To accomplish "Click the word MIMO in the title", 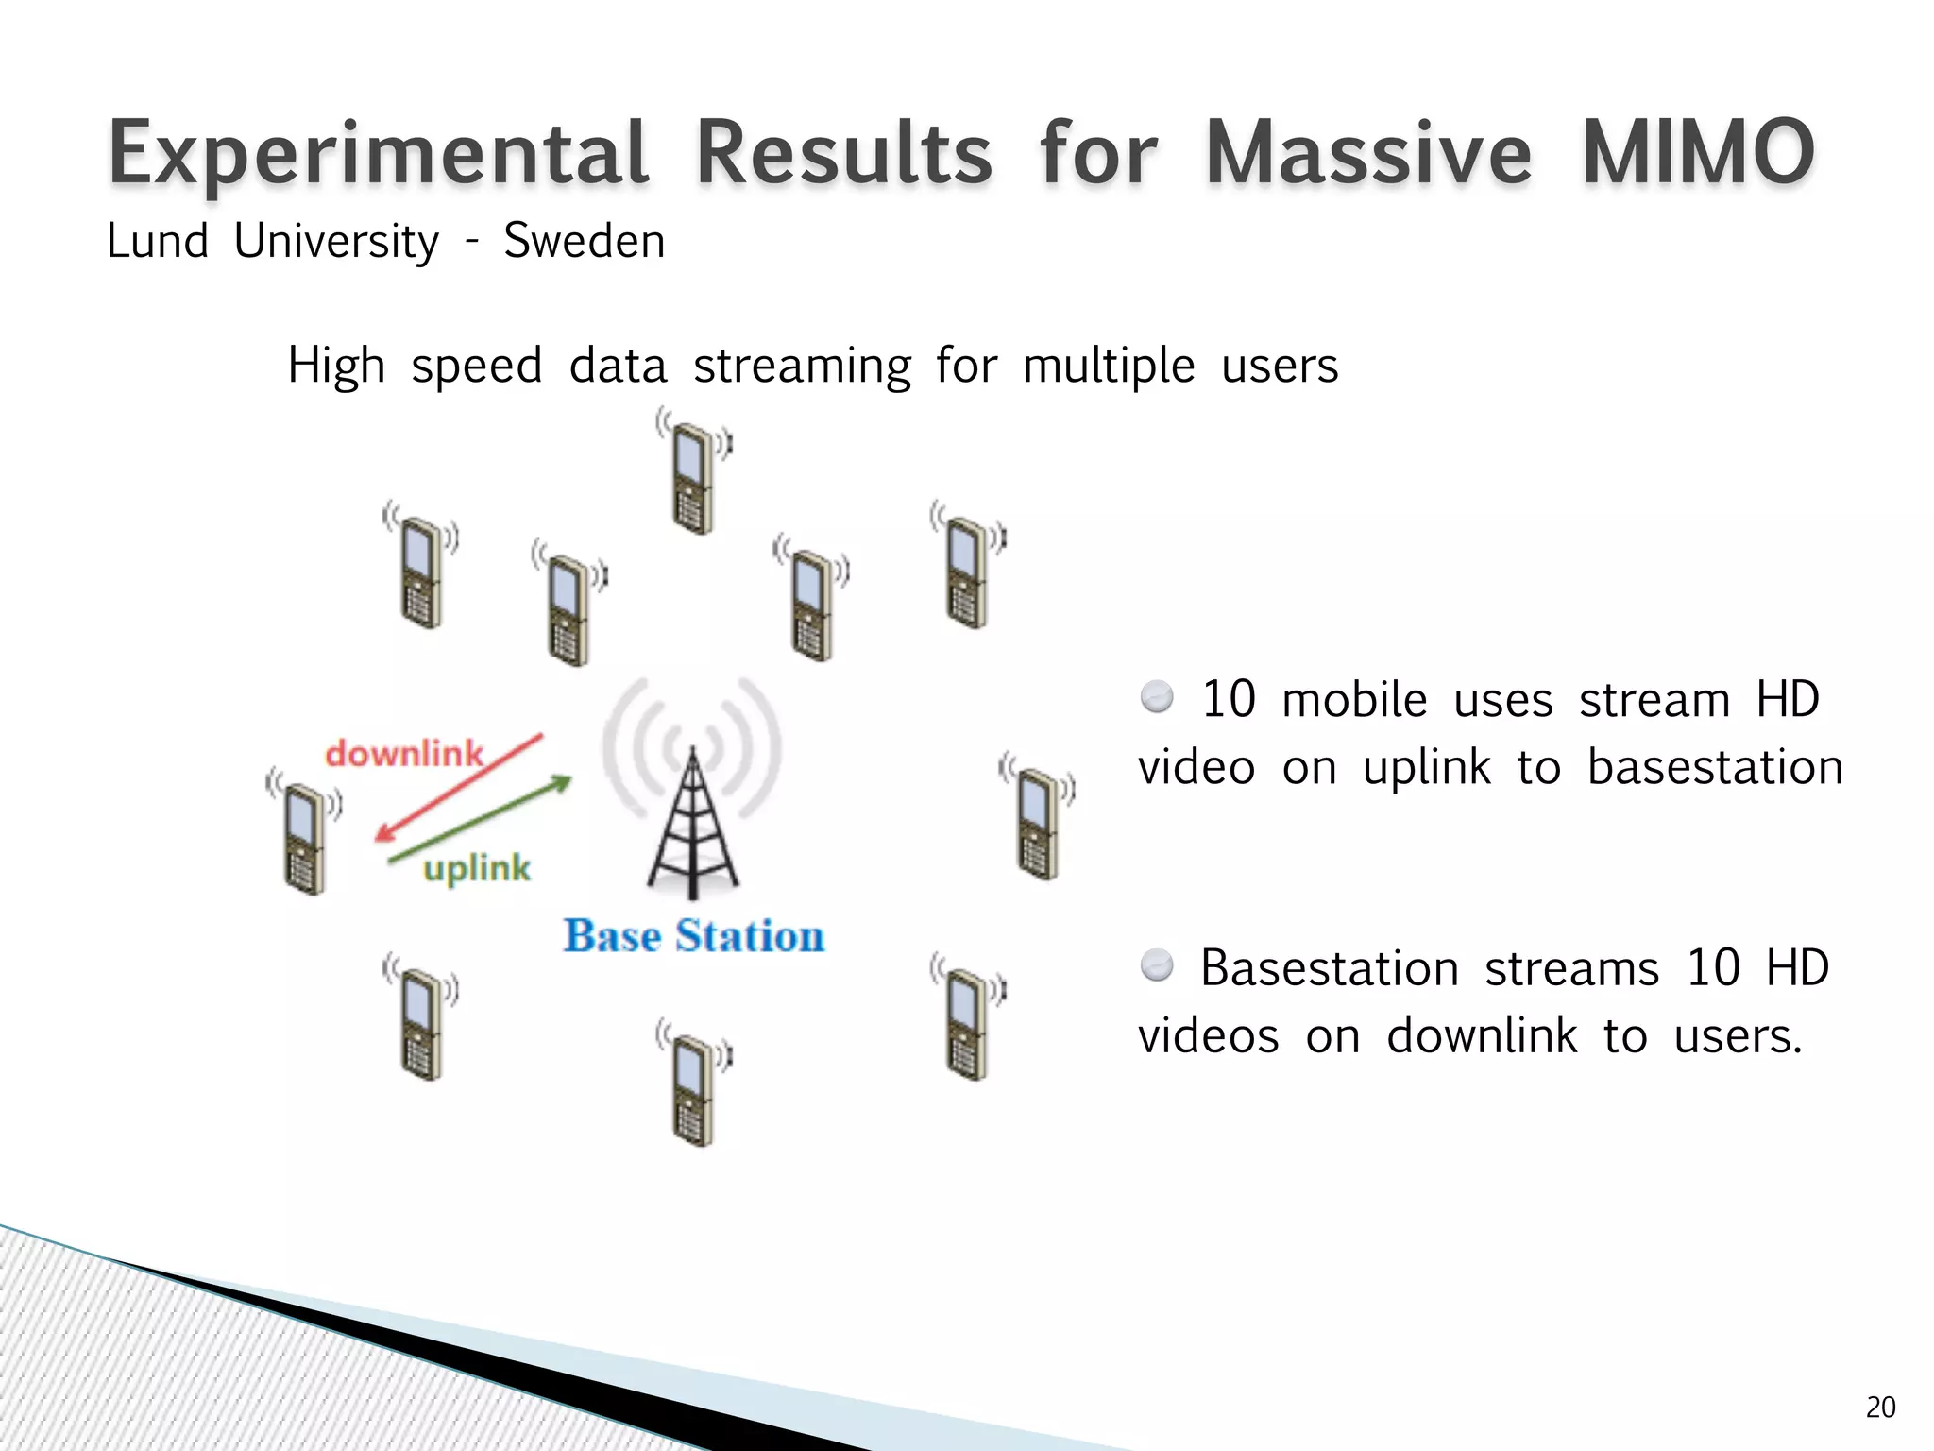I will pyautogui.click(x=1697, y=153).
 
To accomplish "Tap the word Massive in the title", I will pyautogui.click(x=1368, y=153).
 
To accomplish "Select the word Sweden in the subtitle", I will pyautogui.click(x=584, y=241).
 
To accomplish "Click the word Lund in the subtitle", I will pyautogui.click(x=158, y=241).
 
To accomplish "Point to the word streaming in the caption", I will pyautogui.click(x=802, y=367).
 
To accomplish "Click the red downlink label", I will pyautogui.click(x=404, y=754).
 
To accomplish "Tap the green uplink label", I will pyautogui.click(x=477, y=867).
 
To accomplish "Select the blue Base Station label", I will pyautogui.click(x=694, y=936).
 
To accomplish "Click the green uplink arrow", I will pyautogui.click(x=481, y=819).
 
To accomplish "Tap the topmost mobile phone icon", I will pyautogui.click(x=694, y=472).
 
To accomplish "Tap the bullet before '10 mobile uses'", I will pyautogui.click(x=1157, y=698).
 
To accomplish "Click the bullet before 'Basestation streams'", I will pyautogui.click(x=1157, y=966).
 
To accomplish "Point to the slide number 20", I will pyautogui.click(x=1880, y=1408).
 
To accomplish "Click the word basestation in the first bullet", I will pyautogui.click(x=1714, y=767).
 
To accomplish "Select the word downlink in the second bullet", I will pyautogui.click(x=1481, y=1036).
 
